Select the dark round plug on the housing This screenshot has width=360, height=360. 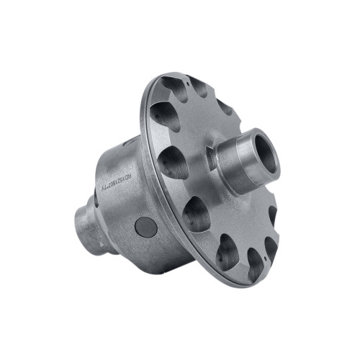tap(146, 226)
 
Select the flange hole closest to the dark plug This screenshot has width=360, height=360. tap(196, 213)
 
